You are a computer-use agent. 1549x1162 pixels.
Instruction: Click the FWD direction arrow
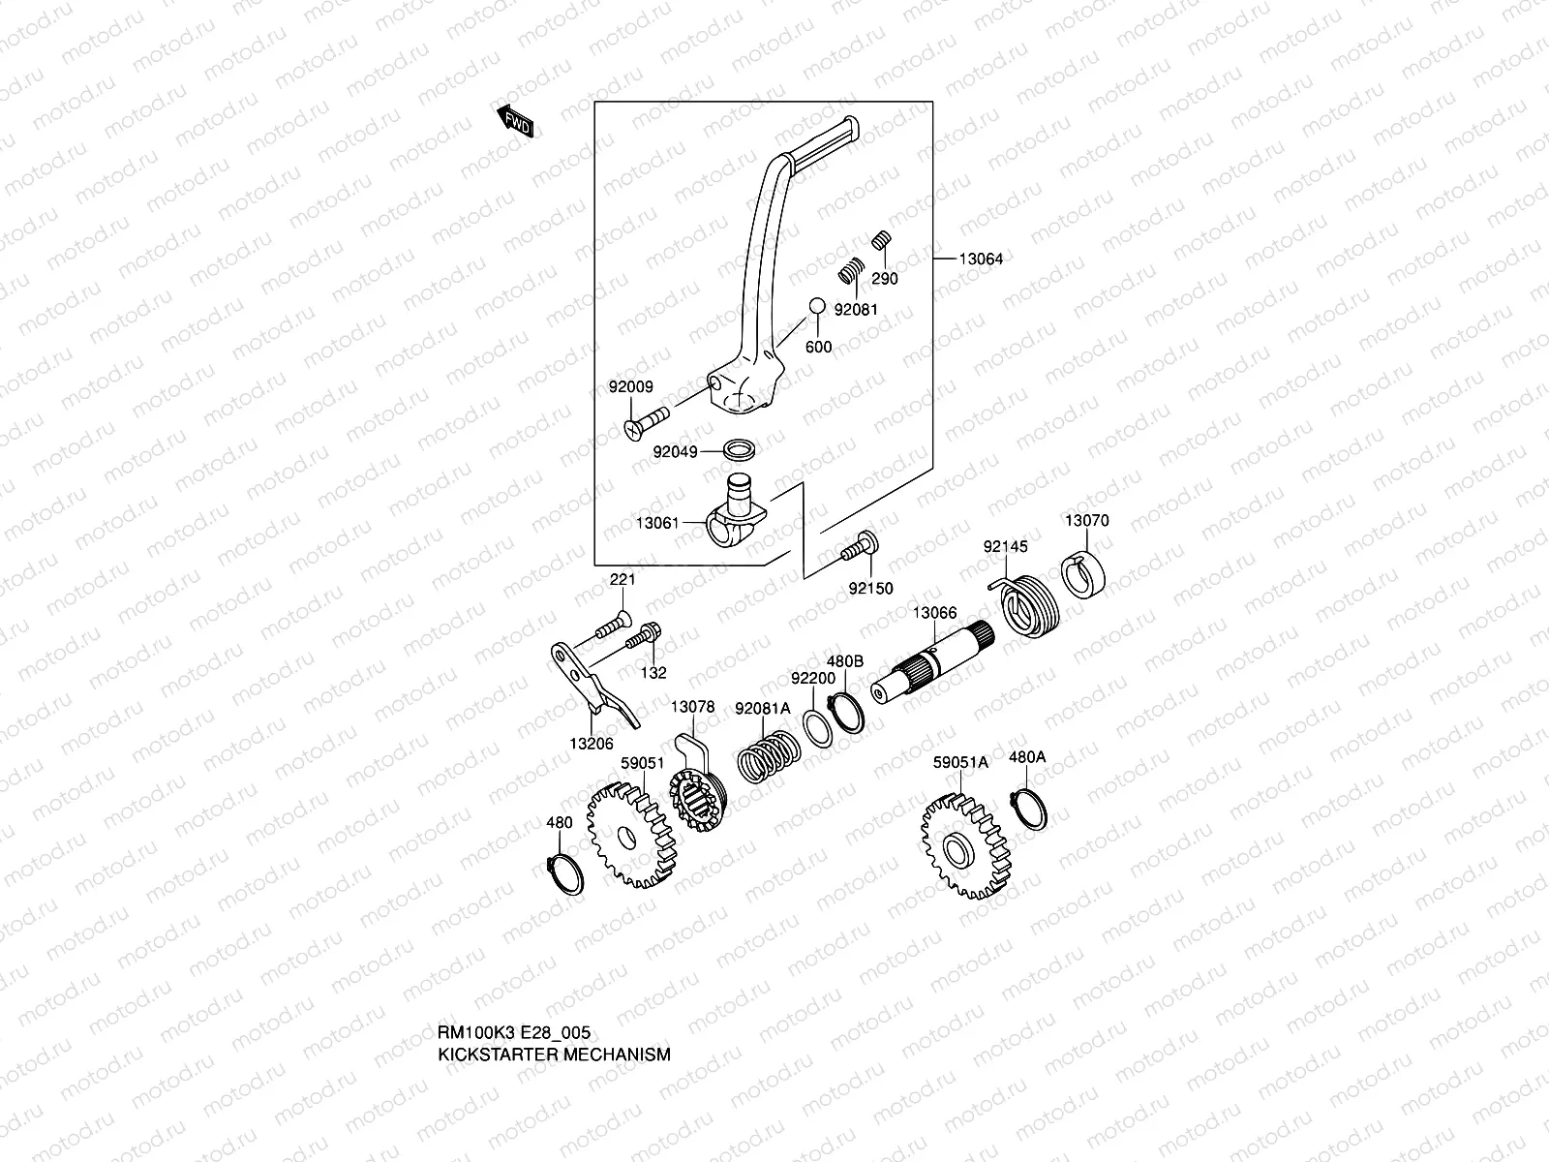pyautogui.click(x=517, y=123)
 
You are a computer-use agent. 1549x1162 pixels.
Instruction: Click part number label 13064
pyautogui.click(x=981, y=259)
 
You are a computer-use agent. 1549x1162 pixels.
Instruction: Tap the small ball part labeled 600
pyautogui.click(x=816, y=306)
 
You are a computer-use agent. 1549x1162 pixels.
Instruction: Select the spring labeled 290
pyautogui.click(x=881, y=240)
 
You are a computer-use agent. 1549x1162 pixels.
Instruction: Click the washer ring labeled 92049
pyautogui.click(x=742, y=450)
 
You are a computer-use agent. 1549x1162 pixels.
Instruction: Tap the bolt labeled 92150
pyautogui.click(x=861, y=550)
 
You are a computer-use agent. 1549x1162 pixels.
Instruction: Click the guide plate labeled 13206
pyautogui.click(x=591, y=687)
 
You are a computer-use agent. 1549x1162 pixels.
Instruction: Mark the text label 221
pyautogui.click(x=621, y=580)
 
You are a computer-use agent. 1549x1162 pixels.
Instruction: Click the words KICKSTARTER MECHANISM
pyautogui.click(x=554, y=1055)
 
